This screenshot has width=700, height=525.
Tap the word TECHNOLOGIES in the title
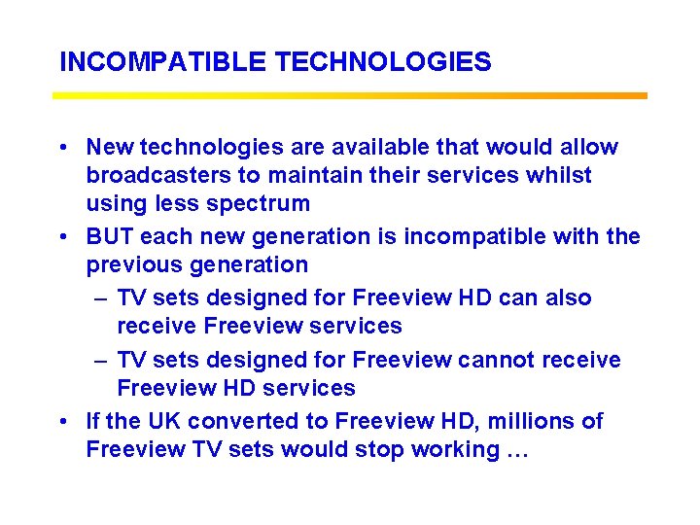pyautogui.click(x=383, y=62)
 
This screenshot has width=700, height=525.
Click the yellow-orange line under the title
pyautogui.click(x=350, y=96)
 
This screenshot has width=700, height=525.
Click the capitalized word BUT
pyautogui.click(x=110, y=236)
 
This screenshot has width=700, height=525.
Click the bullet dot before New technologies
pyautogui.click(x=62, y=148)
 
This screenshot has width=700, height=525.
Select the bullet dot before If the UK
pyautogui.click(x=62, y=422)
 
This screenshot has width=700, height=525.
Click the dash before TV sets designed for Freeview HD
pyautogui.click(x=100, y=298)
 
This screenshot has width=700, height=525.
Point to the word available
pyautogui.click(x=371, y=147)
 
